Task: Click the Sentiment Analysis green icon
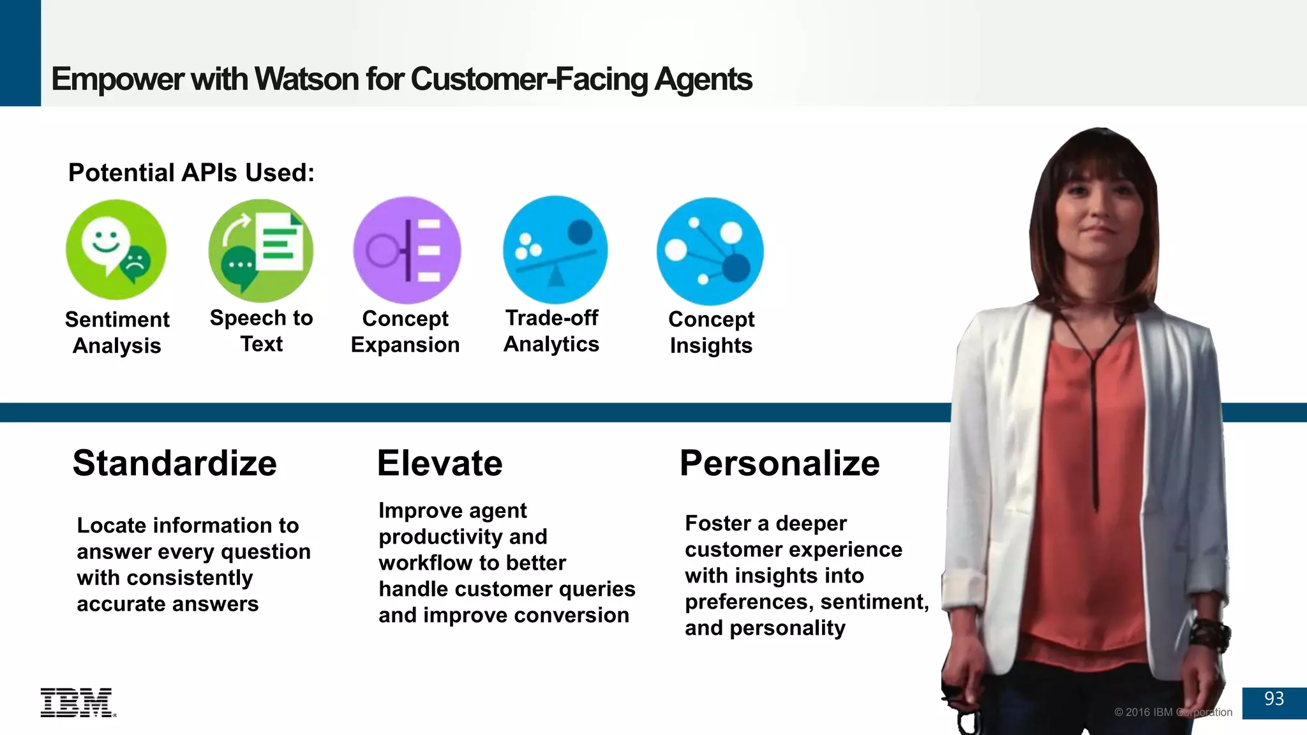coord(116,249)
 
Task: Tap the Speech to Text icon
coord(261,250)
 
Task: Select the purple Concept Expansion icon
coord(407,250)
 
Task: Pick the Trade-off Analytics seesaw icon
coord(555,250)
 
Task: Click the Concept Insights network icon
coord(710,251)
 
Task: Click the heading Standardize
coord(174,463)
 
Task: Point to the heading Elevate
coord(440,463)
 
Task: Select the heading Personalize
coord(779,463)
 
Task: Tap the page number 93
coord(1274,699)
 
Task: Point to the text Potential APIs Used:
coord(191,173)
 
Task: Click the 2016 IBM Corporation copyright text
coord(1173,712)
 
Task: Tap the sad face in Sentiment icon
coord(135,262)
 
